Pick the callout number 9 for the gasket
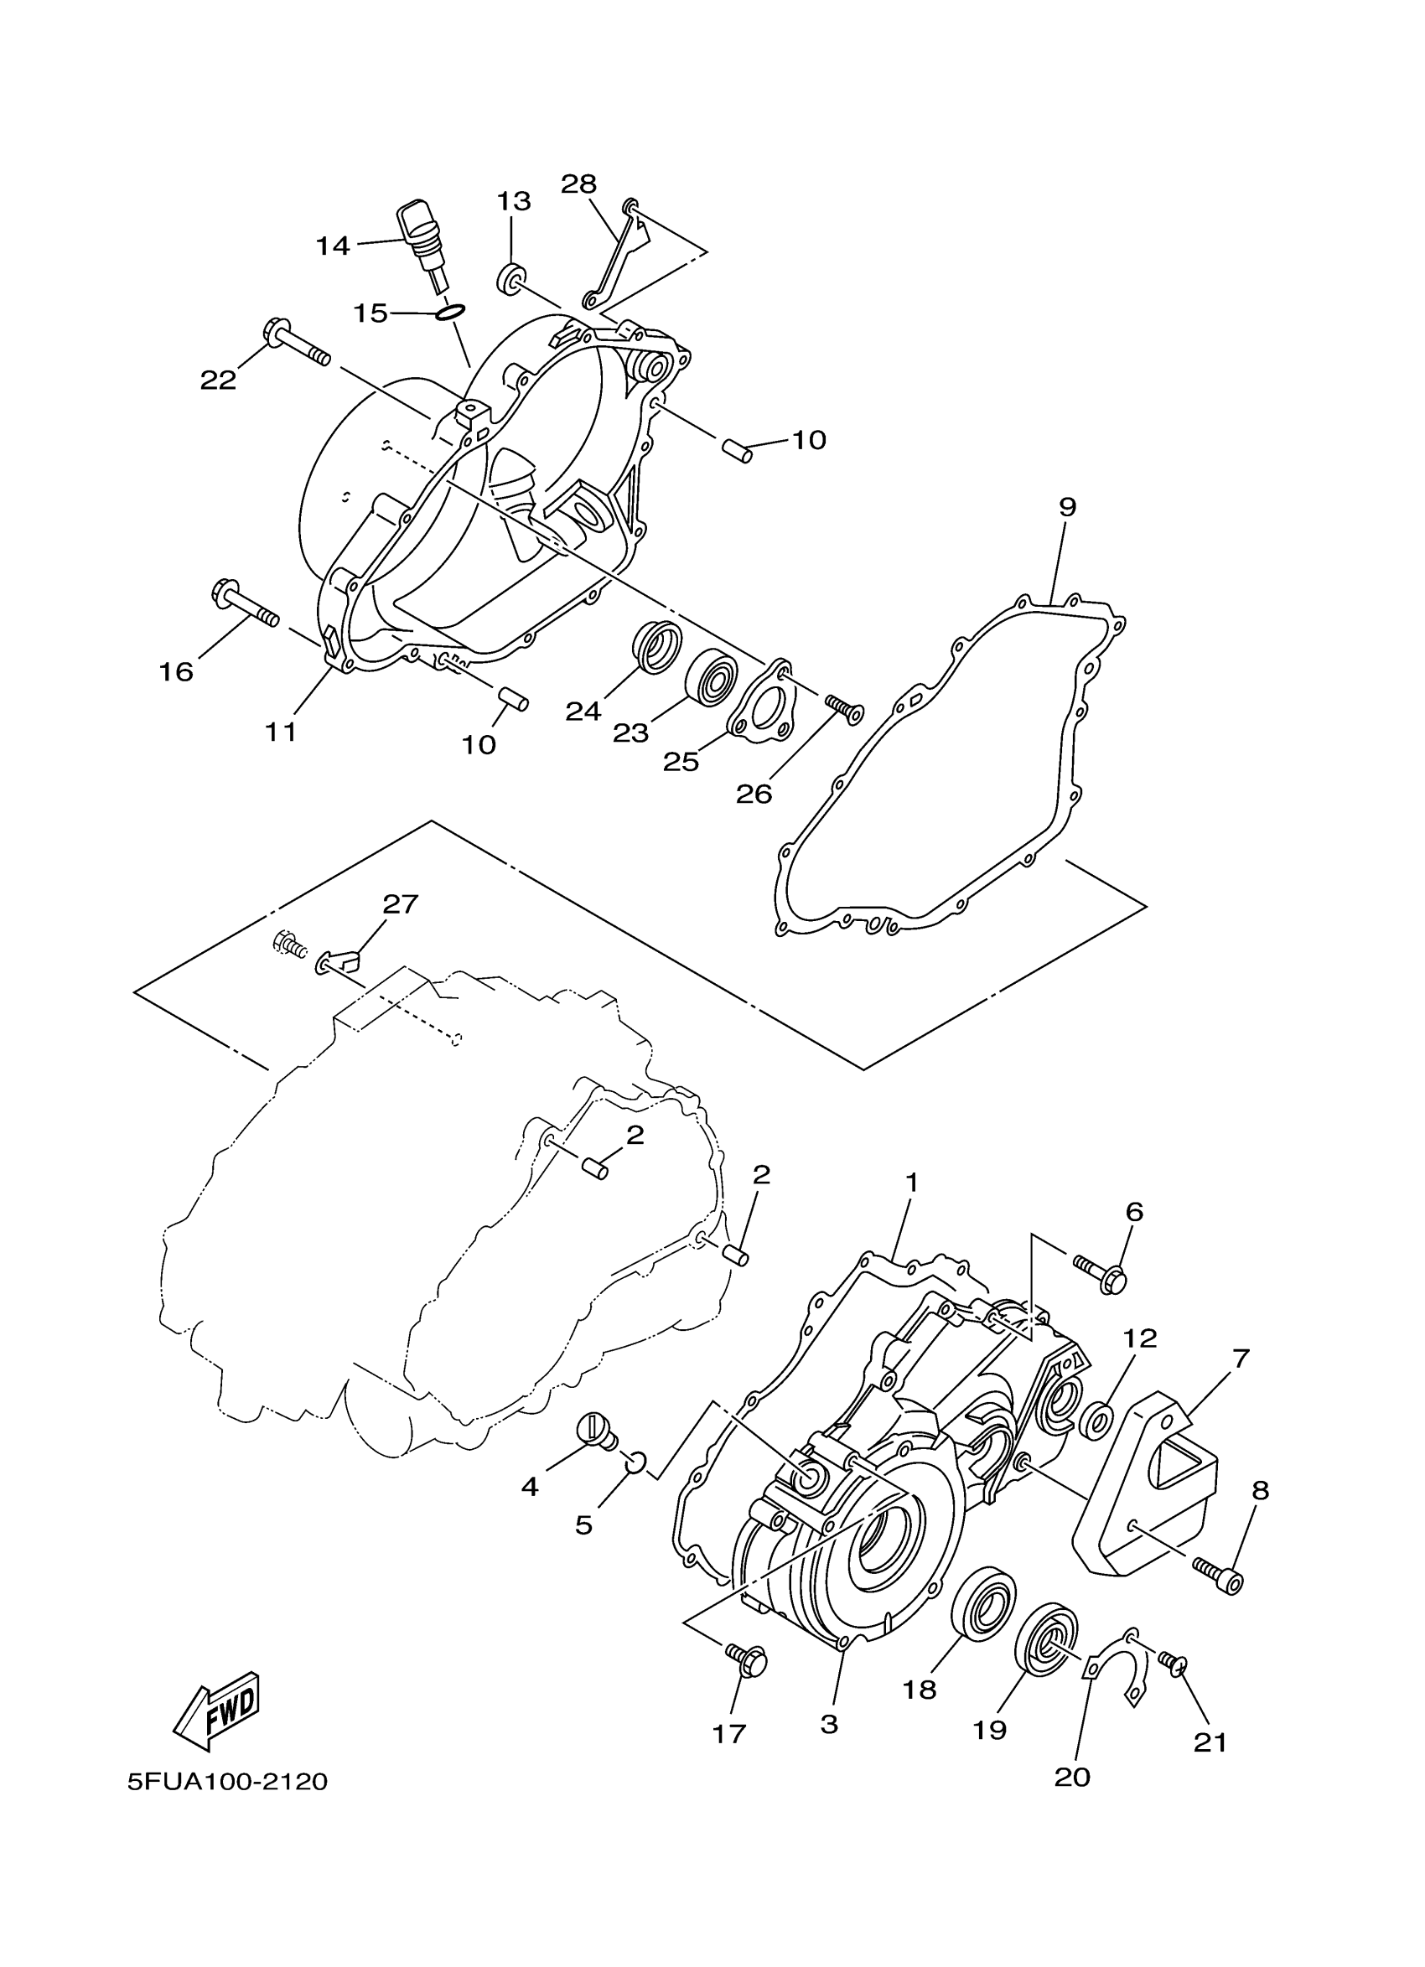tap(1067, 507)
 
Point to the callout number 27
tap(401, 904)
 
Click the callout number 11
tap(281, 732)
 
